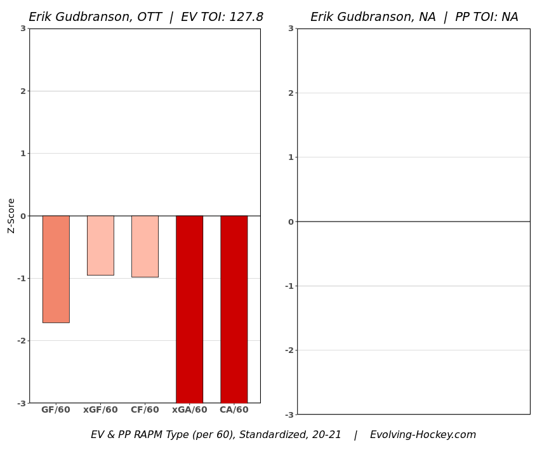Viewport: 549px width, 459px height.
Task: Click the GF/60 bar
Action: [x=56, y=269]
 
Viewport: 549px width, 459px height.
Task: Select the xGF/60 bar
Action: [x=100, y=245]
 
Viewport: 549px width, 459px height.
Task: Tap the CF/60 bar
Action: [x=145, y=246]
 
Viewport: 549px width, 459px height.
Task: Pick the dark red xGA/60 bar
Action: [x=189, y=309]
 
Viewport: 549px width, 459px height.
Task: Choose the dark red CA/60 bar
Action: [x=234, y=309]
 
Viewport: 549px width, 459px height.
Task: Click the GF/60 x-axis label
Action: [x=56, y=410]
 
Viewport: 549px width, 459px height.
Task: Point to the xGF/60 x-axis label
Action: [x=100, y=410]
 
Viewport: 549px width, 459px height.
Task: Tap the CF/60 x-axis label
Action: [x=145, y=410]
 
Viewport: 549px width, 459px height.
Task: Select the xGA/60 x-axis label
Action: [x=189, y=410]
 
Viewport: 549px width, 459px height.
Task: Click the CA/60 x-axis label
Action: [x=234, y=410]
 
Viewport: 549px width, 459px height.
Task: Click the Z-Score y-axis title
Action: [x=11, y=216]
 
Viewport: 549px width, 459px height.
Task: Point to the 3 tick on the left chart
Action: [x=23, y=29]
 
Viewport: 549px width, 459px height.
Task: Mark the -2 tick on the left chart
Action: [x=21, y=341]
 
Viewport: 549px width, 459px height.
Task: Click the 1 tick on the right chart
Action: [x=291, y=157]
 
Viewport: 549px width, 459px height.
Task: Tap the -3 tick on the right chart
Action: [x=289, y=415]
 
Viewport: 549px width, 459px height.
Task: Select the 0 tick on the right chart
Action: [x=291, y=222]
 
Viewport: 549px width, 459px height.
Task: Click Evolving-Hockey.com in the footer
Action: [x=423, y=435]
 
